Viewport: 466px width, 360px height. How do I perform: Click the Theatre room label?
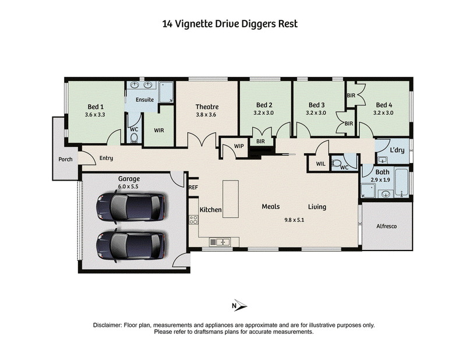pos(207,107)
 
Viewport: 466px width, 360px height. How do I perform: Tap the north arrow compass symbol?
pos(239,305)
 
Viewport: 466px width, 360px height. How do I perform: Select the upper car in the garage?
pos(130,207)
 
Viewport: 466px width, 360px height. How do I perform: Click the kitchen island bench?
pos(231,199)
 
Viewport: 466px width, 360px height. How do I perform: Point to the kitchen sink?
pos(223,242)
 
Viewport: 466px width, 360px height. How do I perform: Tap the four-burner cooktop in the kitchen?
pos(193,220)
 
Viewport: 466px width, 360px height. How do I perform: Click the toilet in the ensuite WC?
pos(135,138)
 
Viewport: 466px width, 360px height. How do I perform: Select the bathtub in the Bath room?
pos(401,182)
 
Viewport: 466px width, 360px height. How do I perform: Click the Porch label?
pos(65,160)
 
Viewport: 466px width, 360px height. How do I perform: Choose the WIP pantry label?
pos(239,146)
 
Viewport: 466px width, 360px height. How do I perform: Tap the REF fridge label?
pos(193,188)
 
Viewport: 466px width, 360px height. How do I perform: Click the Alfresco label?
pos(386,226)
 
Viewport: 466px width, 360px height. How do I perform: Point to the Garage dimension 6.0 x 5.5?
pos(128,186)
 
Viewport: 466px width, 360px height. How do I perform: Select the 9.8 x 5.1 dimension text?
pos(294,220)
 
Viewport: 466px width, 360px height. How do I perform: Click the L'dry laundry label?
pos(397,150)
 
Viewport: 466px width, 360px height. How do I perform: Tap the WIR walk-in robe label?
pos(159,130)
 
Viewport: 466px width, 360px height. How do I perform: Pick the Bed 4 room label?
pos(384,105)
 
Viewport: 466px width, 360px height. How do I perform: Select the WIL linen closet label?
pos(321,164)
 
